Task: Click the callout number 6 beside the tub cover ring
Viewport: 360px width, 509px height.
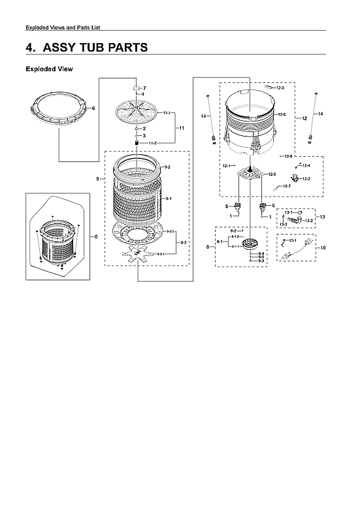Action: coord(94,108)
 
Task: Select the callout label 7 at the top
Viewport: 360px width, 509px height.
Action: coord(144,88)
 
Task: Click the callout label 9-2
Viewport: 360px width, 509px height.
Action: coord(167,168)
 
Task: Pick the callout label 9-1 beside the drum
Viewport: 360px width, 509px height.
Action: coord(168,198)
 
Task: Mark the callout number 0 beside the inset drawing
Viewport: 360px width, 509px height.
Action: coord(97,236)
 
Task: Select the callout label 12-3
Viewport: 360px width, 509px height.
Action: coord(280,88)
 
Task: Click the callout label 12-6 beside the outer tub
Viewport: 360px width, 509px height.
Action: coord(282,114)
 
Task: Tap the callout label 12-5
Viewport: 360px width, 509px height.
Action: coord(272,174)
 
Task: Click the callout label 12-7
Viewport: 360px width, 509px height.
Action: coord(286,186)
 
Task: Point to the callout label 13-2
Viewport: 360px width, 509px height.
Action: coord(309,220)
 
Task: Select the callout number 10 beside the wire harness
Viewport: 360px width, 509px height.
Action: coord(322,248)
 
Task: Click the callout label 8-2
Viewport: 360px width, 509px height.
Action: coord(233,231)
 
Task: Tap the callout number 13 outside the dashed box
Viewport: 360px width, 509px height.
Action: coord(321,216)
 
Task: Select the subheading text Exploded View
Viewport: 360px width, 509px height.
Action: coord(49,69)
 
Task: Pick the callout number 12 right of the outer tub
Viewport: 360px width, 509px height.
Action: coord(304,118)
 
